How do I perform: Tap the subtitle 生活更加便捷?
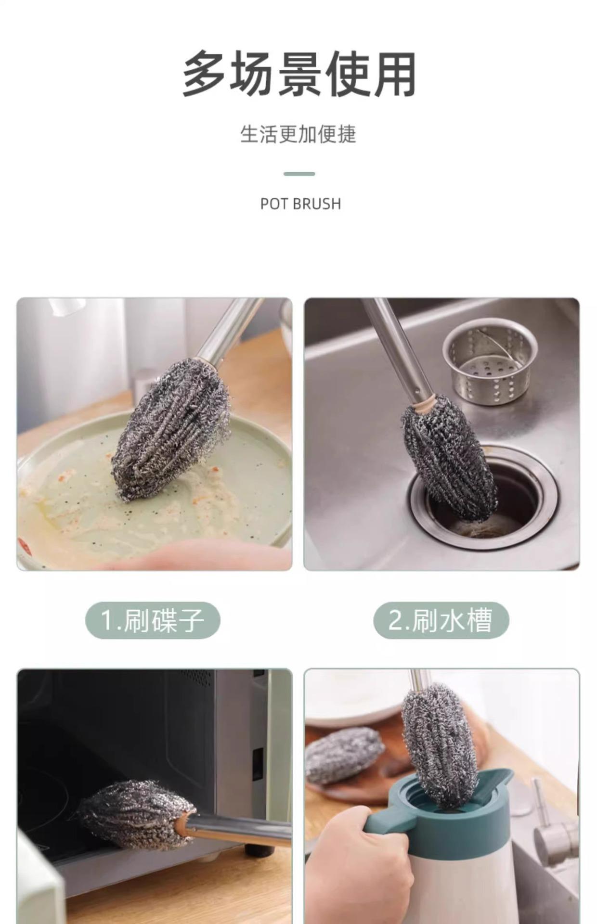pyautogui.click(x=298, y=134)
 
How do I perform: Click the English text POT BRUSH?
pyautogui.click(x=300, y=204)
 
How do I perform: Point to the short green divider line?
pyautogui.click(x=299, y=174)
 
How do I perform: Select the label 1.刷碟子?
pyautogui.click(x=153, y=620)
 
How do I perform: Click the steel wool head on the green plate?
pyautogui.click(x=171, y=427)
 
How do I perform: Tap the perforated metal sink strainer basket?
pyautogui.click(x=490, y=361)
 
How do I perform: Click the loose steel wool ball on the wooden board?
pyautogui.click(x=343, y=755)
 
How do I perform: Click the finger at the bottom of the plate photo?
pyautogui.click(x=193, y=556)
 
